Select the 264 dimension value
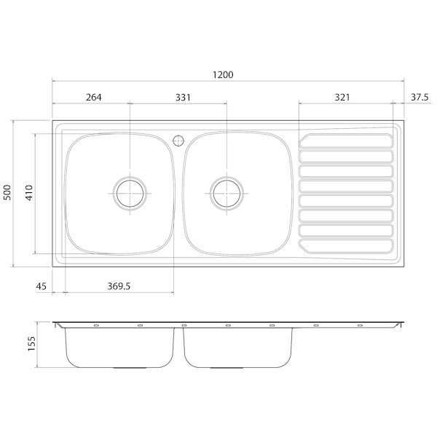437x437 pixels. click(93, 97)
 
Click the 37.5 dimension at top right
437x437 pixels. click(419, 97)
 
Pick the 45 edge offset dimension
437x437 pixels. click(41, 286)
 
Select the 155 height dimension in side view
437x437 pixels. click(31, 344)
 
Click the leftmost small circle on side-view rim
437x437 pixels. click(95, 325)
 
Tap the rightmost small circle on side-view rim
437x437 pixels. click(360, 325)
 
